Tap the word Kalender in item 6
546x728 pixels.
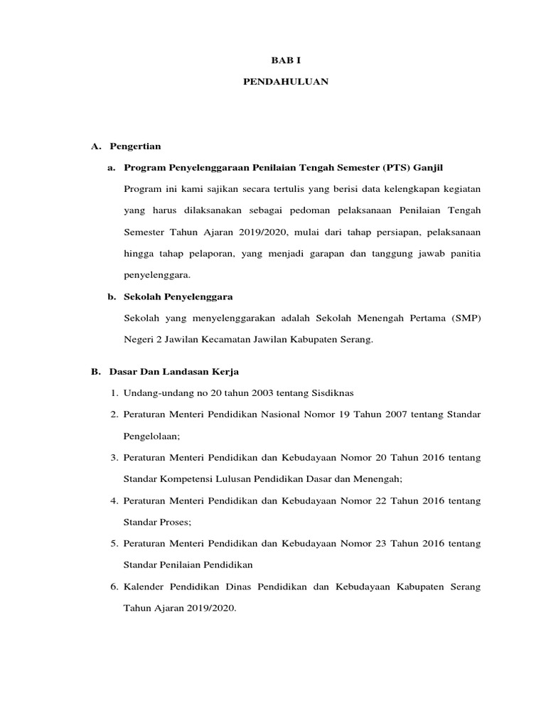pos(146,587)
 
